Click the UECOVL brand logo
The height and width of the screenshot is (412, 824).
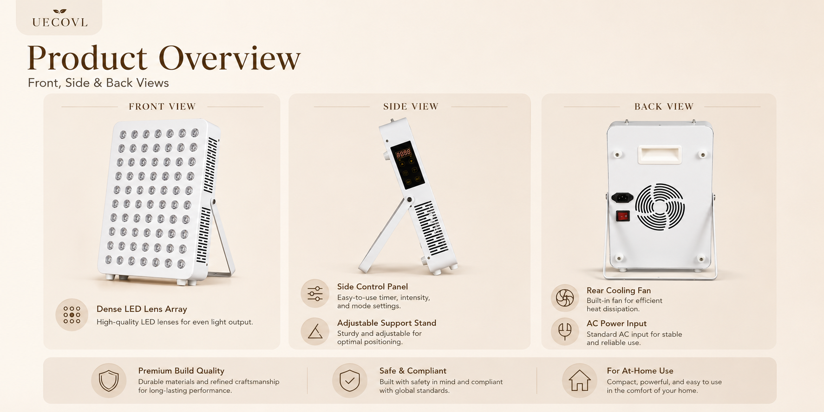click(x=60, y=18)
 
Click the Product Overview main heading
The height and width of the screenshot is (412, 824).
click(x=164, y=58)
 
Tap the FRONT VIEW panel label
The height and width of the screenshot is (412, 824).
click(x=162, y=106)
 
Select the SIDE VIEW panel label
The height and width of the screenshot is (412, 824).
click(x=411, y=106)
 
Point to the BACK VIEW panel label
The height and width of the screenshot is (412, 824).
click(x=664, y=106)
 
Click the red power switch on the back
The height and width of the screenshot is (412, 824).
click(x=623, y=216)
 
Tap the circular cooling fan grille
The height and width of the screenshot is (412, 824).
click(x=660, y=207)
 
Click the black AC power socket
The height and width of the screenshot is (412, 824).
click(x=622, y=197)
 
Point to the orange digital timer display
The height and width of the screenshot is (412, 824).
click(x=403, y=153)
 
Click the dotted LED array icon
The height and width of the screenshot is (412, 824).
click(x=72, y=315)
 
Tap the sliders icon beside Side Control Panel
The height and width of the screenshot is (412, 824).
click(x=315, y=294)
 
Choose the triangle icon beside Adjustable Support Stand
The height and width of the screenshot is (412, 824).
click(x=315, y=331)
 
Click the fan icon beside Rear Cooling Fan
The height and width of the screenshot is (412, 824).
click(x=565, y=298)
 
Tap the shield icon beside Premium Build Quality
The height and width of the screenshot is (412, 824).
click(x=109, y=380)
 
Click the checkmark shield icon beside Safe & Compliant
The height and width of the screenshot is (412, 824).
click(x=350, y=380)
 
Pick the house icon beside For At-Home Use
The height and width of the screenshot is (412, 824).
click(x=580, y=380)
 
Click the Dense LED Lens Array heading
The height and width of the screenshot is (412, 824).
click(x=142, y=309)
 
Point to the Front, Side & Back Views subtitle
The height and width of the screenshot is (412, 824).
click(x=98, y=83)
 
